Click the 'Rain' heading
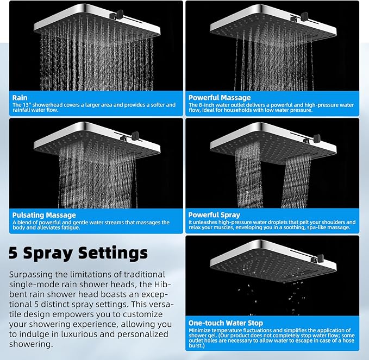[20, 98]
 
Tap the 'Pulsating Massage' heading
[44, 216]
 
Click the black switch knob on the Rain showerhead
[120, 14]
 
